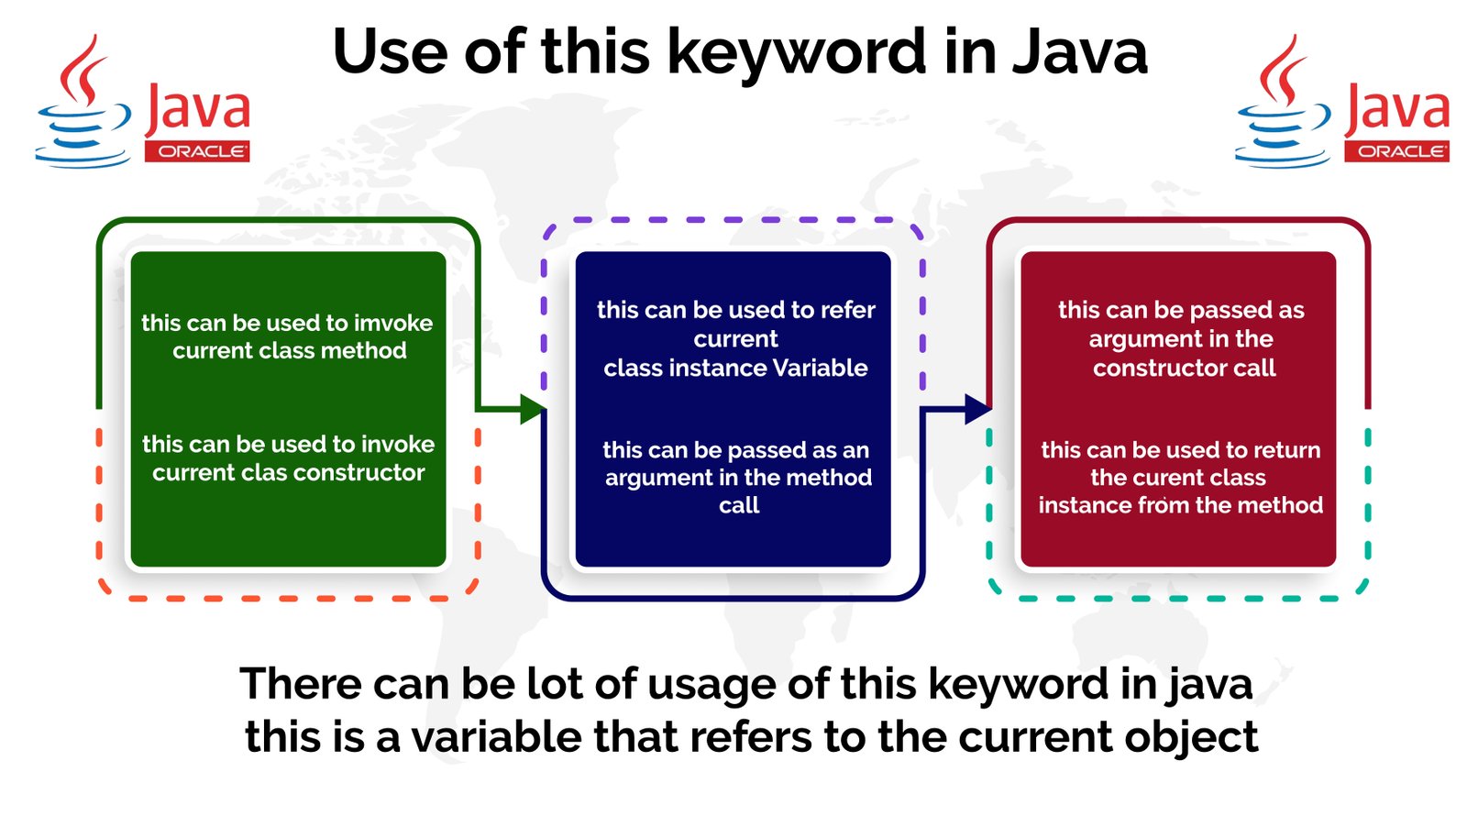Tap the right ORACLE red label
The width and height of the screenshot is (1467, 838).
click(x=1396, y=151)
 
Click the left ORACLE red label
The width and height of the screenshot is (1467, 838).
click(x=197, y=151)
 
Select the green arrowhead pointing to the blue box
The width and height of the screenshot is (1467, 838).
click(x=532, y=409)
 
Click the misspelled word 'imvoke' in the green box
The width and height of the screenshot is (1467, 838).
click(x=393, y=323)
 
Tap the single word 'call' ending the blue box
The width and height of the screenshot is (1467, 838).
click(x=739, y=505)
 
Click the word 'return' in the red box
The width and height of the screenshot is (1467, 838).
click(x=1286, y=450)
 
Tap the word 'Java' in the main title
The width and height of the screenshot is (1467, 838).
click(x=1079, y=53)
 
